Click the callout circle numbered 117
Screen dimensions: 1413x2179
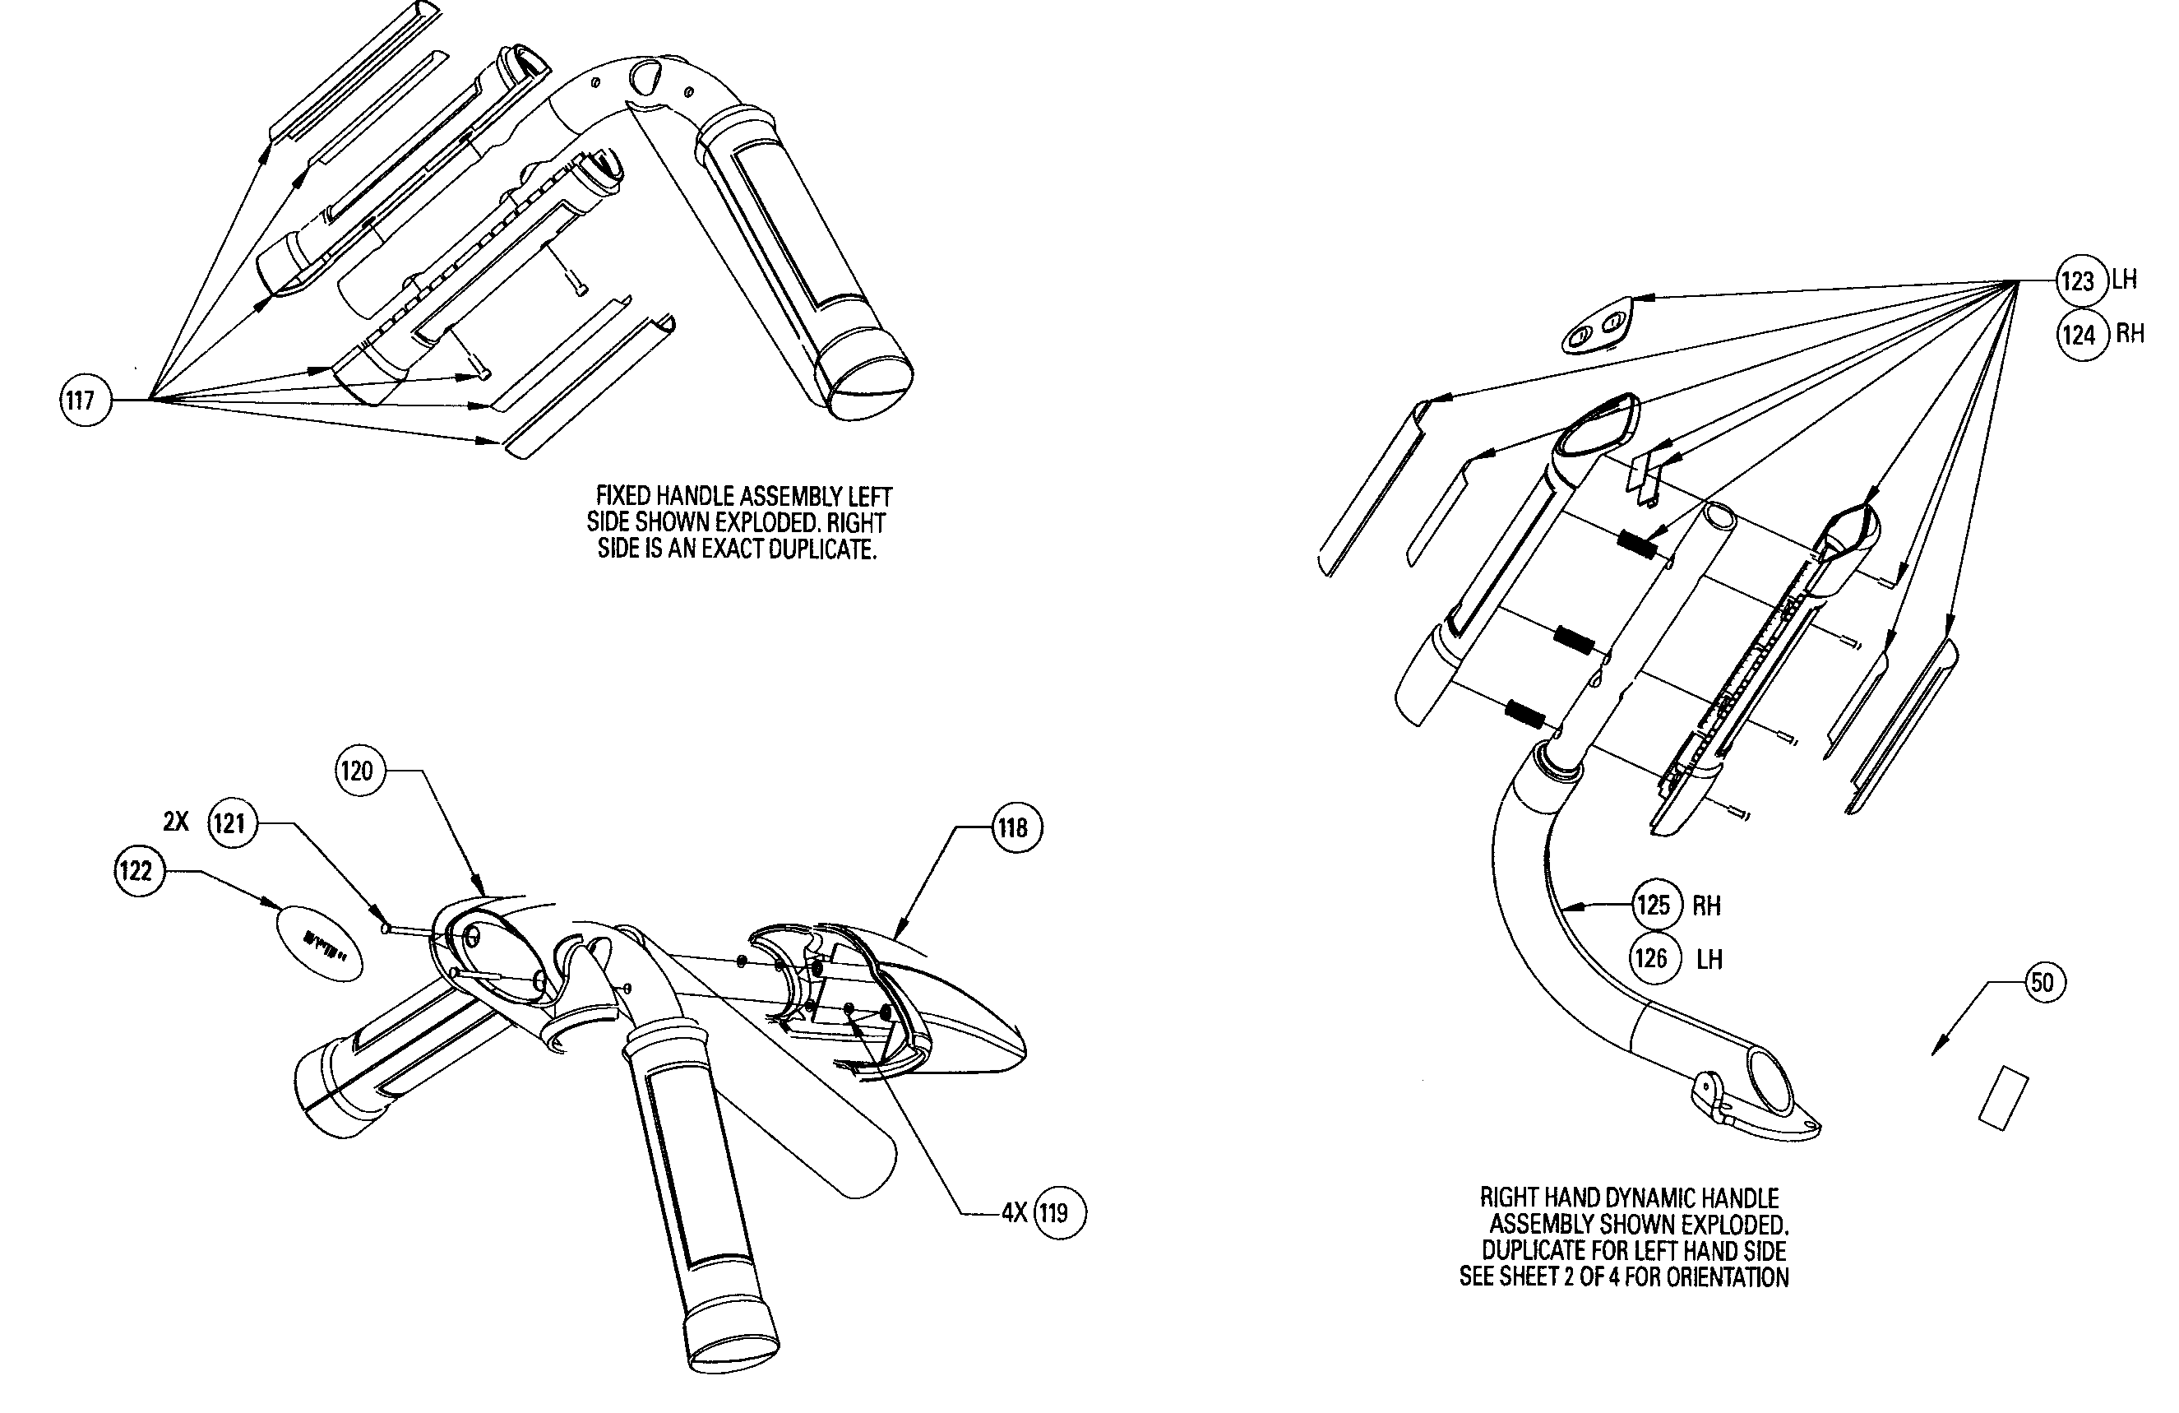click(x=84, y=401)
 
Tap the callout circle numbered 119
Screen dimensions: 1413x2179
click(x=1058, y=1213)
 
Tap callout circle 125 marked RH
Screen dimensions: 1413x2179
click(x=1657, y=906)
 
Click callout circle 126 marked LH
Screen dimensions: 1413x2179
click(x=1654, y=959)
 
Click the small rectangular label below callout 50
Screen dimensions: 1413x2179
click(x=2003, y=1097)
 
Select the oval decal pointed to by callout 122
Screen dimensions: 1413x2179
click(x=320, y=943)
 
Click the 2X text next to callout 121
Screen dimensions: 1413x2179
click(x=176, y=822)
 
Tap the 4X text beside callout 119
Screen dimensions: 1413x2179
click(x=1015, y=1213)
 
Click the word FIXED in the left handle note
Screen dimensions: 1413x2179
click(x=622, y=496)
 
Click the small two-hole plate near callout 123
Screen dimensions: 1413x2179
click(x=1594, y=325)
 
